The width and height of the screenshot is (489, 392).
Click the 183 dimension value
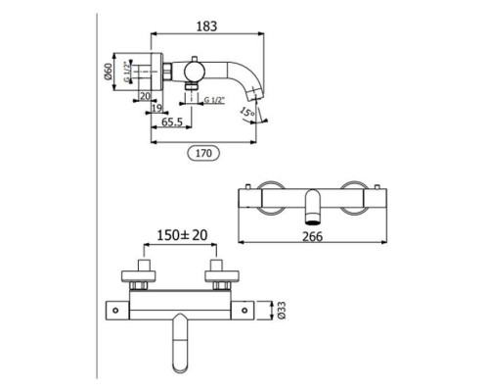click(206, 26)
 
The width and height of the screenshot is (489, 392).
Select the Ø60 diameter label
click(108, 72)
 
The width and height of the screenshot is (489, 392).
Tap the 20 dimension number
click(145, 96)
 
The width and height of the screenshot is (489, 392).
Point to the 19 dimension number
click(156, 108)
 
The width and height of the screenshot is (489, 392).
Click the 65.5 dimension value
click(172, 122)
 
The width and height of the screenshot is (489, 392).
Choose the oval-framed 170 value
click(203, 153)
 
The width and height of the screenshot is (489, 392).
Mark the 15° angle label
click(246, 112)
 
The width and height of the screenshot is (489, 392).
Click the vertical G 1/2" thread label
click(127, 72)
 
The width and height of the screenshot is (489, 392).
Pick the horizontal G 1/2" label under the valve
click(215, 100)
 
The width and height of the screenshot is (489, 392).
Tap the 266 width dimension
click(312, 236)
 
